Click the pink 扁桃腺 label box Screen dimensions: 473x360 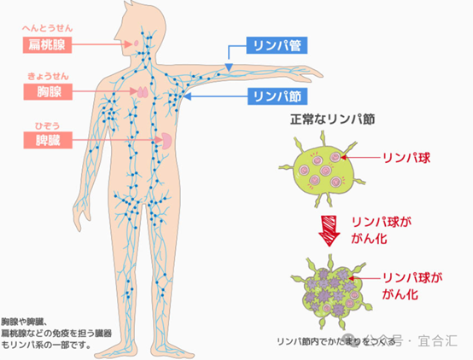click(47, 45)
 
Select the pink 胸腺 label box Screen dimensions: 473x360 click(48, 91)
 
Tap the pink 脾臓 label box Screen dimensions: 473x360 click(48, 140)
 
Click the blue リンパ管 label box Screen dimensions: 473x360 click(277, 45)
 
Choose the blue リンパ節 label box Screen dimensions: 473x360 click(277, 96)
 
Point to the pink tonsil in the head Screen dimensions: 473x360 click(137, 43)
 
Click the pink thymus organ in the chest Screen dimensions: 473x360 click(143, 92)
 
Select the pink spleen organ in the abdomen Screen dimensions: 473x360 click(166, 141)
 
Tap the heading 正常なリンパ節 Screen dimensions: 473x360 click(332, 119)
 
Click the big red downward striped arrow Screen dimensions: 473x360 click(330, 230)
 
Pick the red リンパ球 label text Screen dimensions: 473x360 click(406, 158)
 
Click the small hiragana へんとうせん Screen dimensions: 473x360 click(47, 28)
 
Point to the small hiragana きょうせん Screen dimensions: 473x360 click(49, 76)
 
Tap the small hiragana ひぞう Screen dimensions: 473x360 click(48, 125)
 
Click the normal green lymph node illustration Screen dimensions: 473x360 click(322, 169)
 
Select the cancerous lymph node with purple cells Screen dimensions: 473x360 click(332, 291)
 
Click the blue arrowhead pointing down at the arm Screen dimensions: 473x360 click(229, 67)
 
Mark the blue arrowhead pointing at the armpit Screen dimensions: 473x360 click(188, 96)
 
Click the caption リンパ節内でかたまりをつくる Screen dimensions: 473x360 click(336, 341)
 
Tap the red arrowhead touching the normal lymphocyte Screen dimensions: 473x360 click(343, 157)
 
